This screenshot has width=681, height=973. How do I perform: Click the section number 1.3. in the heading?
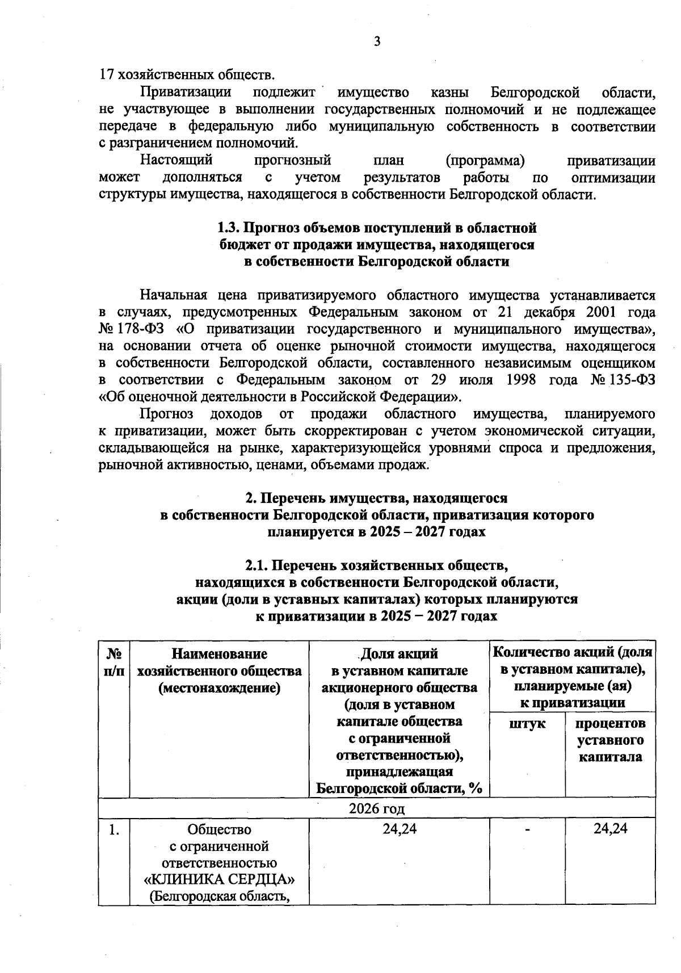click(x=230, y=228)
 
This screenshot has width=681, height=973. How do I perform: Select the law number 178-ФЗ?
click(x=142, y=329)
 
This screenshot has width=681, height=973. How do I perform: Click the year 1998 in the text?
click(x=520, y=380)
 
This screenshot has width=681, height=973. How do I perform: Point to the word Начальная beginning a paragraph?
click(x=171, y=295)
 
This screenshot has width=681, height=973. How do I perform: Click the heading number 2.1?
click(x=258, y=566)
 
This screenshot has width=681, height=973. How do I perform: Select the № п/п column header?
click(x=114, y=662)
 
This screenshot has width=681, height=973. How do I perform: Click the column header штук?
click(x=527, y=724)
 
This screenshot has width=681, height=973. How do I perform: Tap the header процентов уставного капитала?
click(x=610, y=740)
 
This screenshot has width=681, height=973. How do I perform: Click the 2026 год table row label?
click(x=377, y=808)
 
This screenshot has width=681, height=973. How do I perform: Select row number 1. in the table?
click(x=114, y=829)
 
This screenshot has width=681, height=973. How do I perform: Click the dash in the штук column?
click(x=527, y=829)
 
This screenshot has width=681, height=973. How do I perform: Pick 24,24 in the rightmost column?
click(x=610, y=829)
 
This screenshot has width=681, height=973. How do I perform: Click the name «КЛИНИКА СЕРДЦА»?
click(x=220, y=880)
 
